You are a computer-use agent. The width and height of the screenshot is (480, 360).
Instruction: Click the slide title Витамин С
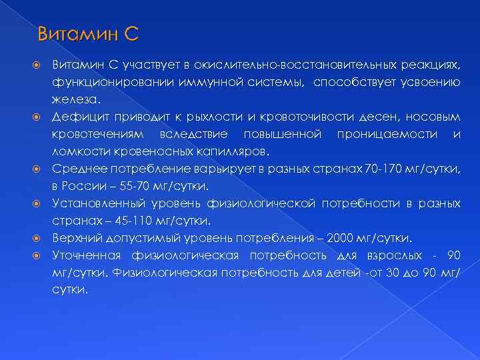click(87, 33)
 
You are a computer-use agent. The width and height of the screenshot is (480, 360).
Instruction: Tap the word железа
click(75, 99)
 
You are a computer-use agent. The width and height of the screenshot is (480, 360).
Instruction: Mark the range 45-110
click(121, 220)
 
